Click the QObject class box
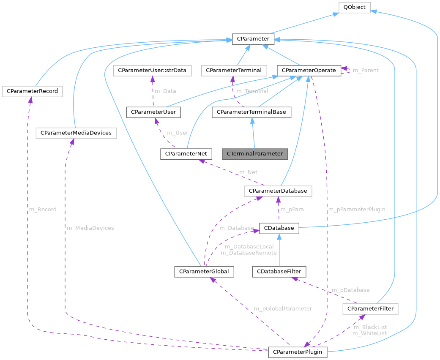tap(355, 7)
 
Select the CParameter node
tap(253, 39)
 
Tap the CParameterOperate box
tap(309, 70)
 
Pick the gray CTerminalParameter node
tap(254, 154)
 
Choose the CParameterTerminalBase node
tap(251, 112)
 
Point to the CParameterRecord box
tap(32, 91)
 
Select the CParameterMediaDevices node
tap(76, 133)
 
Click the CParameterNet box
tap(186, 154)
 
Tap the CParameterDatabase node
tap(278, 191)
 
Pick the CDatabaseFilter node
tap(279, 271)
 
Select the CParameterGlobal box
tap(204, 271)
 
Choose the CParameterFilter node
tap(370, 309)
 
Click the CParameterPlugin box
tap(298, 352)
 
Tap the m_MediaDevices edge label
tap(90, 228)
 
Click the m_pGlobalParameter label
tap(283, 308)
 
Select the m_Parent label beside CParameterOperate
tap(366, 70)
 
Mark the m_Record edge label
tap(42, 209)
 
